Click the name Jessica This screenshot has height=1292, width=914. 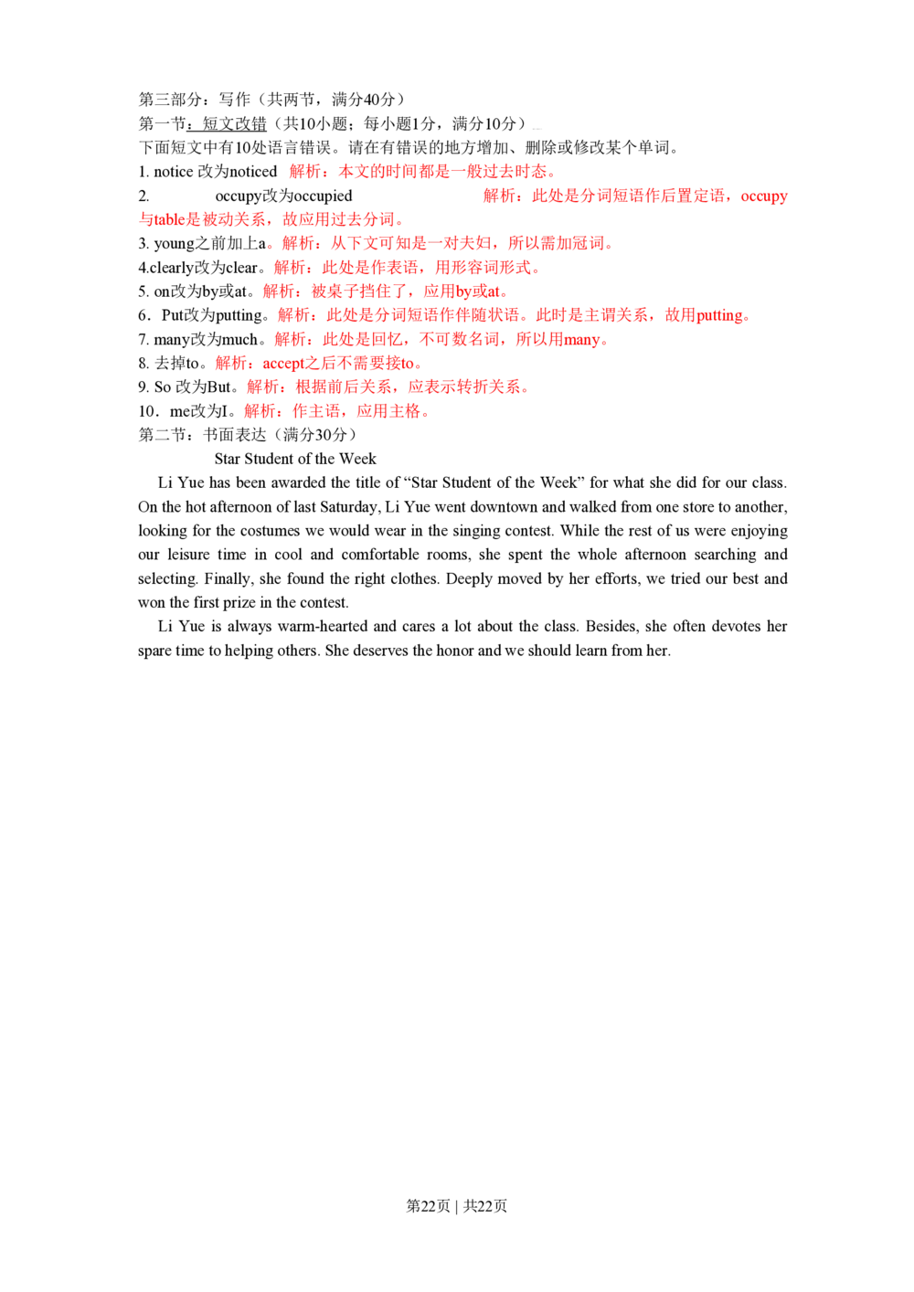tap(160, 220)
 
